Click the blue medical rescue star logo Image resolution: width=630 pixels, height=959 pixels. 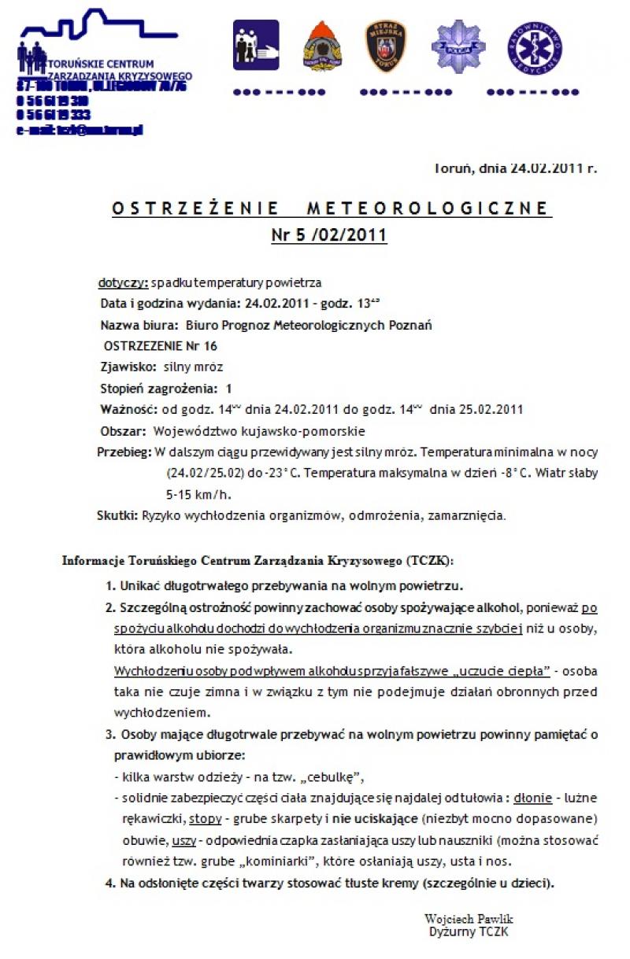click(x=535, y=48)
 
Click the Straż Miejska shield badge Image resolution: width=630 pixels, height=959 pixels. click(x=386, y=46)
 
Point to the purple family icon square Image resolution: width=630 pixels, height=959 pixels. click(x=256, y=46)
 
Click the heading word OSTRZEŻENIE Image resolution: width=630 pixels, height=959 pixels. click(x=195, y=208)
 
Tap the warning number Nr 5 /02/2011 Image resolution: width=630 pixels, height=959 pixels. click(x=329, y=234)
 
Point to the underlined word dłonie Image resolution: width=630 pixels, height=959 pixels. click(x=532, y=799)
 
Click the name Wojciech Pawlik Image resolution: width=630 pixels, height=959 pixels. click(x=469, y=919)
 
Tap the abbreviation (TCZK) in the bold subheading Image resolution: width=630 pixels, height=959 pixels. click(x=428, y=561)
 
